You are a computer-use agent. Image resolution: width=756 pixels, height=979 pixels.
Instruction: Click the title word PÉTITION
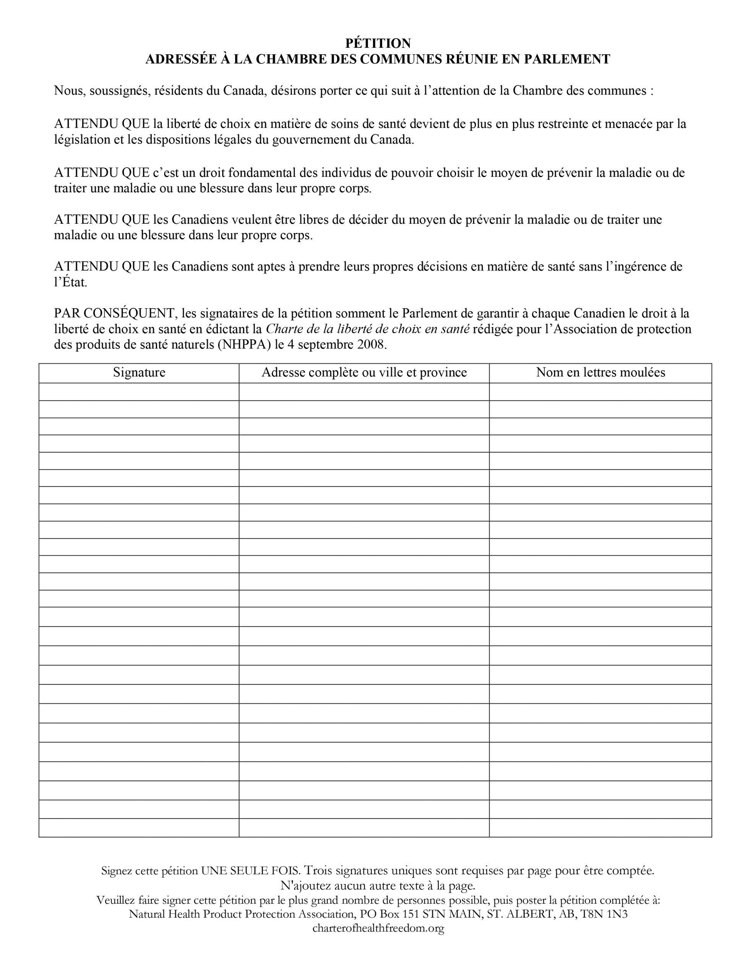(x=378, y=44)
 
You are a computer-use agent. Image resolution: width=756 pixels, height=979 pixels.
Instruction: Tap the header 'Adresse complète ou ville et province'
(x=364, y=372)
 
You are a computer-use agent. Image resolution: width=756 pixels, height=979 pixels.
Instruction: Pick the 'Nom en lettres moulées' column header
(x=600, y=372)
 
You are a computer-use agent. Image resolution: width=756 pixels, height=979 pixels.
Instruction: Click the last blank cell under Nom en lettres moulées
(x=600, y=828)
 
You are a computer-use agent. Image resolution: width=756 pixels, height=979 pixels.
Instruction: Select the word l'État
(x=70, y=283)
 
